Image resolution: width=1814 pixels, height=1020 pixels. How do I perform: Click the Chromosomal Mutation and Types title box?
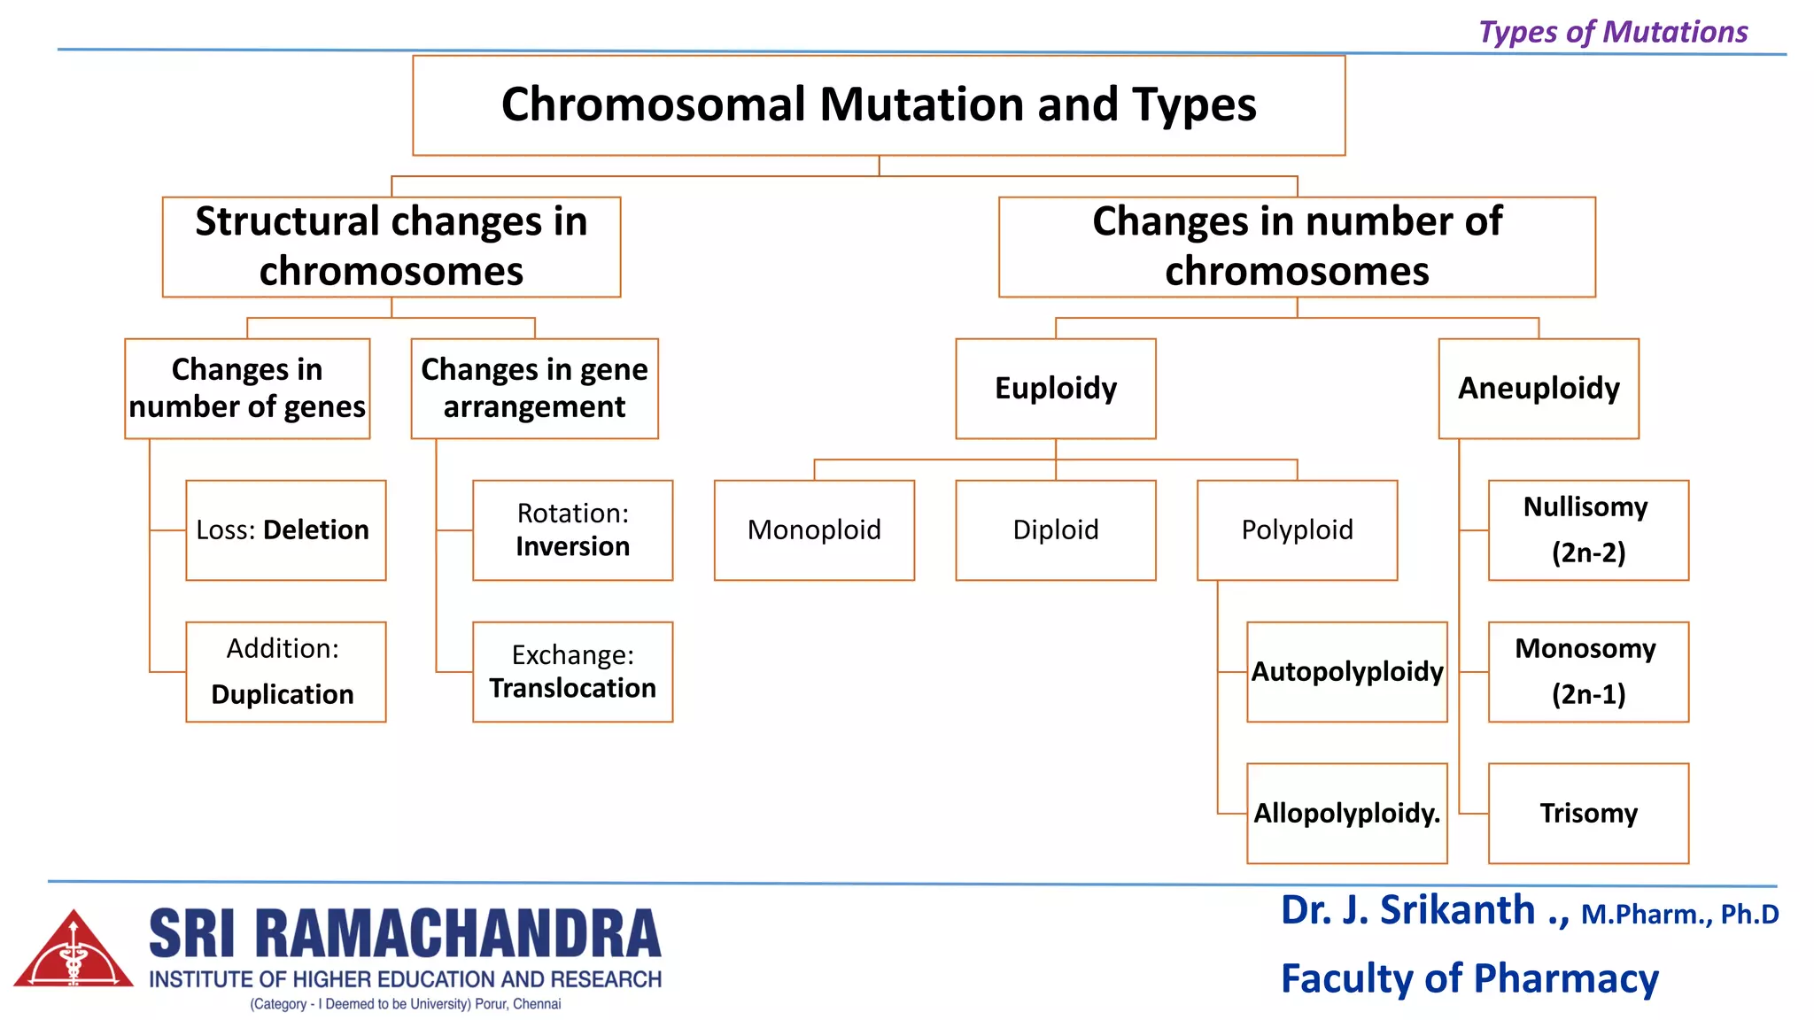click(879, 105)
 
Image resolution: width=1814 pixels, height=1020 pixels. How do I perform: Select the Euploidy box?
click(1055, 388)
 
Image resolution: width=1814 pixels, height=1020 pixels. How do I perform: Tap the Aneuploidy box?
click(1539, 388)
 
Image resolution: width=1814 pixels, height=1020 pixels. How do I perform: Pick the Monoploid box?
click(814, 529)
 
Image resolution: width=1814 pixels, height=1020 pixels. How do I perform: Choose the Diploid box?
click(1055, 529)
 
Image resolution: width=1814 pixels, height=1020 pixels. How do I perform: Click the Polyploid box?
click(1297, 529)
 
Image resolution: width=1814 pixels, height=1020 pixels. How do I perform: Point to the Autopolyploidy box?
click(1346, 671)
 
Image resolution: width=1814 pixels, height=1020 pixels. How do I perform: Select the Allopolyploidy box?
click(1346, 813)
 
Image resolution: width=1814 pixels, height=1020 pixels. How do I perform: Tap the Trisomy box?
click(1588, 813)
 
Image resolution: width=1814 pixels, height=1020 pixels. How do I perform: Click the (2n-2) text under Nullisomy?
click(1588, 553)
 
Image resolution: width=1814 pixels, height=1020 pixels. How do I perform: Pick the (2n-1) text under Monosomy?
click(1588, 695)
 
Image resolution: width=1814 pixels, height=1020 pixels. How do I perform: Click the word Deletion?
click(316, 529)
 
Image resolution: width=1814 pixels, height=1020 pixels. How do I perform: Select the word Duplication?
click(283, 694)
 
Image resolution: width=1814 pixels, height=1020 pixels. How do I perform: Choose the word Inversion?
click(572, 547)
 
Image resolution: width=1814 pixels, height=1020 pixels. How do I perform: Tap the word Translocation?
click(572, 689)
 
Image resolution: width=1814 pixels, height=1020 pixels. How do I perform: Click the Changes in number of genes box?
click(247, 388)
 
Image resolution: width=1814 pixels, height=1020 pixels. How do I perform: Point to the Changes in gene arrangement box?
click(534, 388)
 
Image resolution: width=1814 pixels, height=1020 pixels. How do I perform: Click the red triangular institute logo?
click(74, 950)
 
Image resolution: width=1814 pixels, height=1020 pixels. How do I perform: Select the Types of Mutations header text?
click(1612, 32)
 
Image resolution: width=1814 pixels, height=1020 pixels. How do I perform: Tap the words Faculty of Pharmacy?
click(1469, 978)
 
